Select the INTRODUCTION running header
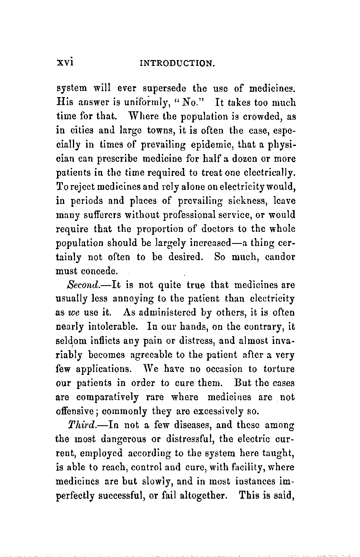point(177,63)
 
